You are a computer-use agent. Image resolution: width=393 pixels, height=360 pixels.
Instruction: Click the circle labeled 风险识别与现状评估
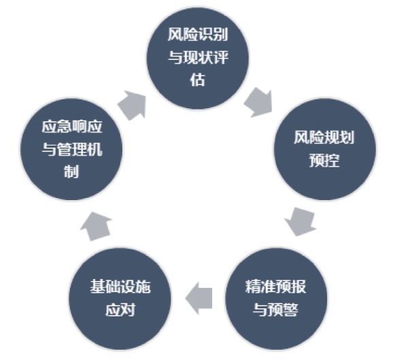pos(197,59)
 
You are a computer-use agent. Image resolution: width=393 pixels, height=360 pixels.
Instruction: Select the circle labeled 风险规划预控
pos(324,149)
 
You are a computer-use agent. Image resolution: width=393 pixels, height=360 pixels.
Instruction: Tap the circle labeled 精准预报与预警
pos(276,299)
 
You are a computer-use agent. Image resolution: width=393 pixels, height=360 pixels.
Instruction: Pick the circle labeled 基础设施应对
pos(120,299)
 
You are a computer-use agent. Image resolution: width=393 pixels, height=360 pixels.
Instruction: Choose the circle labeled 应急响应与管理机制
pos(71,149)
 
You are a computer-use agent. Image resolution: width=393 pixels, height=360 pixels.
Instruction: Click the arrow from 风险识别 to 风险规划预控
pos(258,102)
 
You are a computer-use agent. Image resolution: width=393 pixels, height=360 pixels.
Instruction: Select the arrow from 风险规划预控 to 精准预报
pos(301,221)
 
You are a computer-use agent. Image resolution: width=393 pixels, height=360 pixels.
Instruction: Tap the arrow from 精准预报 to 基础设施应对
pos(199,298)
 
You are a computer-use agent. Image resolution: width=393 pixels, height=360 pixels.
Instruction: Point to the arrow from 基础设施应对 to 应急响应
pos(96,227)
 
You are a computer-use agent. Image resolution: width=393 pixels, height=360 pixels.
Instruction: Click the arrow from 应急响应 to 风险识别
pos(133,105)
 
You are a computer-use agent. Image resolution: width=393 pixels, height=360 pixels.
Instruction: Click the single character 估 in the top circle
pos(197,80)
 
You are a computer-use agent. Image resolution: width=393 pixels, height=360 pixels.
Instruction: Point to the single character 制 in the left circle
pos(71,171)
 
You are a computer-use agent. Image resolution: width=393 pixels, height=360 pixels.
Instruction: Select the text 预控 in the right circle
pos(324,160)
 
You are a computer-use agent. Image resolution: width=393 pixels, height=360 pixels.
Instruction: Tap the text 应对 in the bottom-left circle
pos(120,310)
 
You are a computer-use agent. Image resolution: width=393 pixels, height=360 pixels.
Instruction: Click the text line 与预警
pos(276,310)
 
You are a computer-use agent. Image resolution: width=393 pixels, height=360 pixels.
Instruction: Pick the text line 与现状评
pos(198,57)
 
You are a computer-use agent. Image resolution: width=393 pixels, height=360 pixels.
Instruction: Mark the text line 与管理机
pos(72,149)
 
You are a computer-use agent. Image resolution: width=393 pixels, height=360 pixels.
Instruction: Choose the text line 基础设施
pos(120,287)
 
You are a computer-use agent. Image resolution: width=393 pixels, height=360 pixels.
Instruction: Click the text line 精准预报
pos(275,287)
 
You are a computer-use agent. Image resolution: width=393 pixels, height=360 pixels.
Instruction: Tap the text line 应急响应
pos(72,127)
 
